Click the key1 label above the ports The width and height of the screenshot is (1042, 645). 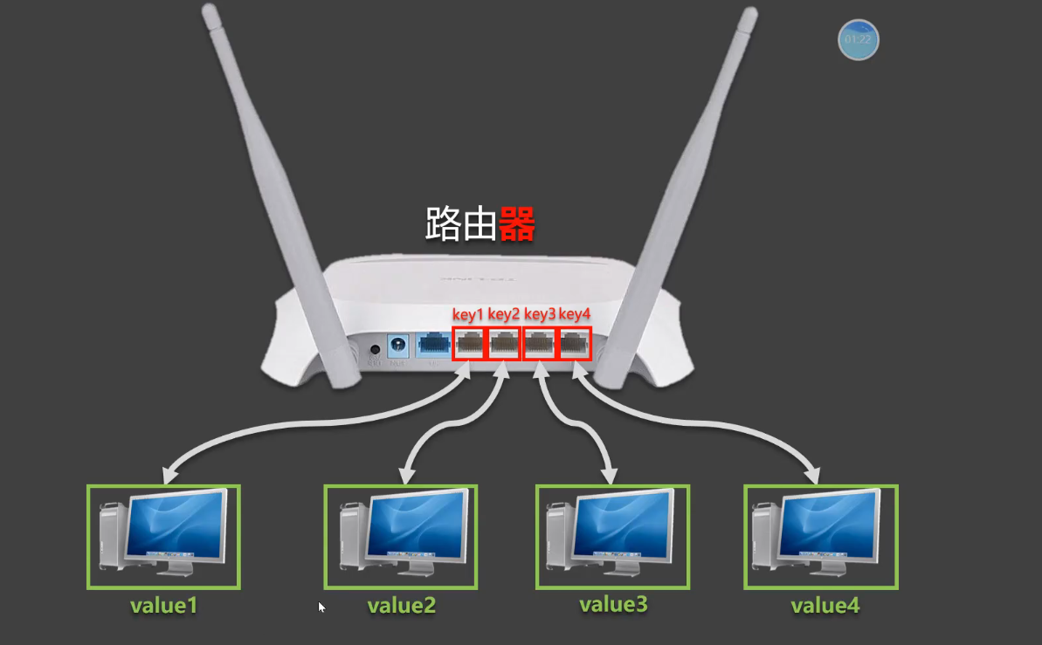pyautogui.click(x=467, y=314)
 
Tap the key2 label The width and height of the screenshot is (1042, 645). pyautogui.click(x=504, y=314)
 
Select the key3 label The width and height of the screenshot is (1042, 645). pyautogui.click(x=540, y=314)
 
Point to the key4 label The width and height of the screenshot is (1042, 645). pyautogui.click(x=576, y=314)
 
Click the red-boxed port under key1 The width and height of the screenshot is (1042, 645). pyautogui.click(x=469, y=344)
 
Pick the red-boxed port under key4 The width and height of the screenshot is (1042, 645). pyautogui.click(x=575, y=344)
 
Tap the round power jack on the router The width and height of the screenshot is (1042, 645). pyautogui.click(x=398, y=345)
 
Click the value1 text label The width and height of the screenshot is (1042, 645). pyautogui.click(x=163, y=605)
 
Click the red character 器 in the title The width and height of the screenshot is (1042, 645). pyautogui.click(x=516, y=224)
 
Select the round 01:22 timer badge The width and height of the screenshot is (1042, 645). pyautogui.click(x=858, y=39)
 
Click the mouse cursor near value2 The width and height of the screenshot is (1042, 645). pyautogui.click(x=321, y=606)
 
